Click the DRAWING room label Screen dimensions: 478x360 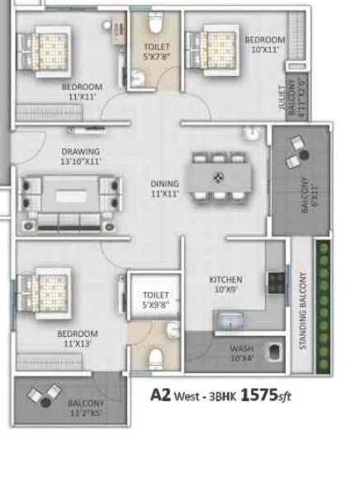[x=80, y=152]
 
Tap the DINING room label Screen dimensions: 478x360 [x=164, y=184]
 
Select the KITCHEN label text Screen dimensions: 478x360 [x=225, y=280]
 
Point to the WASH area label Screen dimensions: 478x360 [x=241, y=348]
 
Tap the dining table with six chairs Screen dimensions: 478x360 [x=219, y=175]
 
